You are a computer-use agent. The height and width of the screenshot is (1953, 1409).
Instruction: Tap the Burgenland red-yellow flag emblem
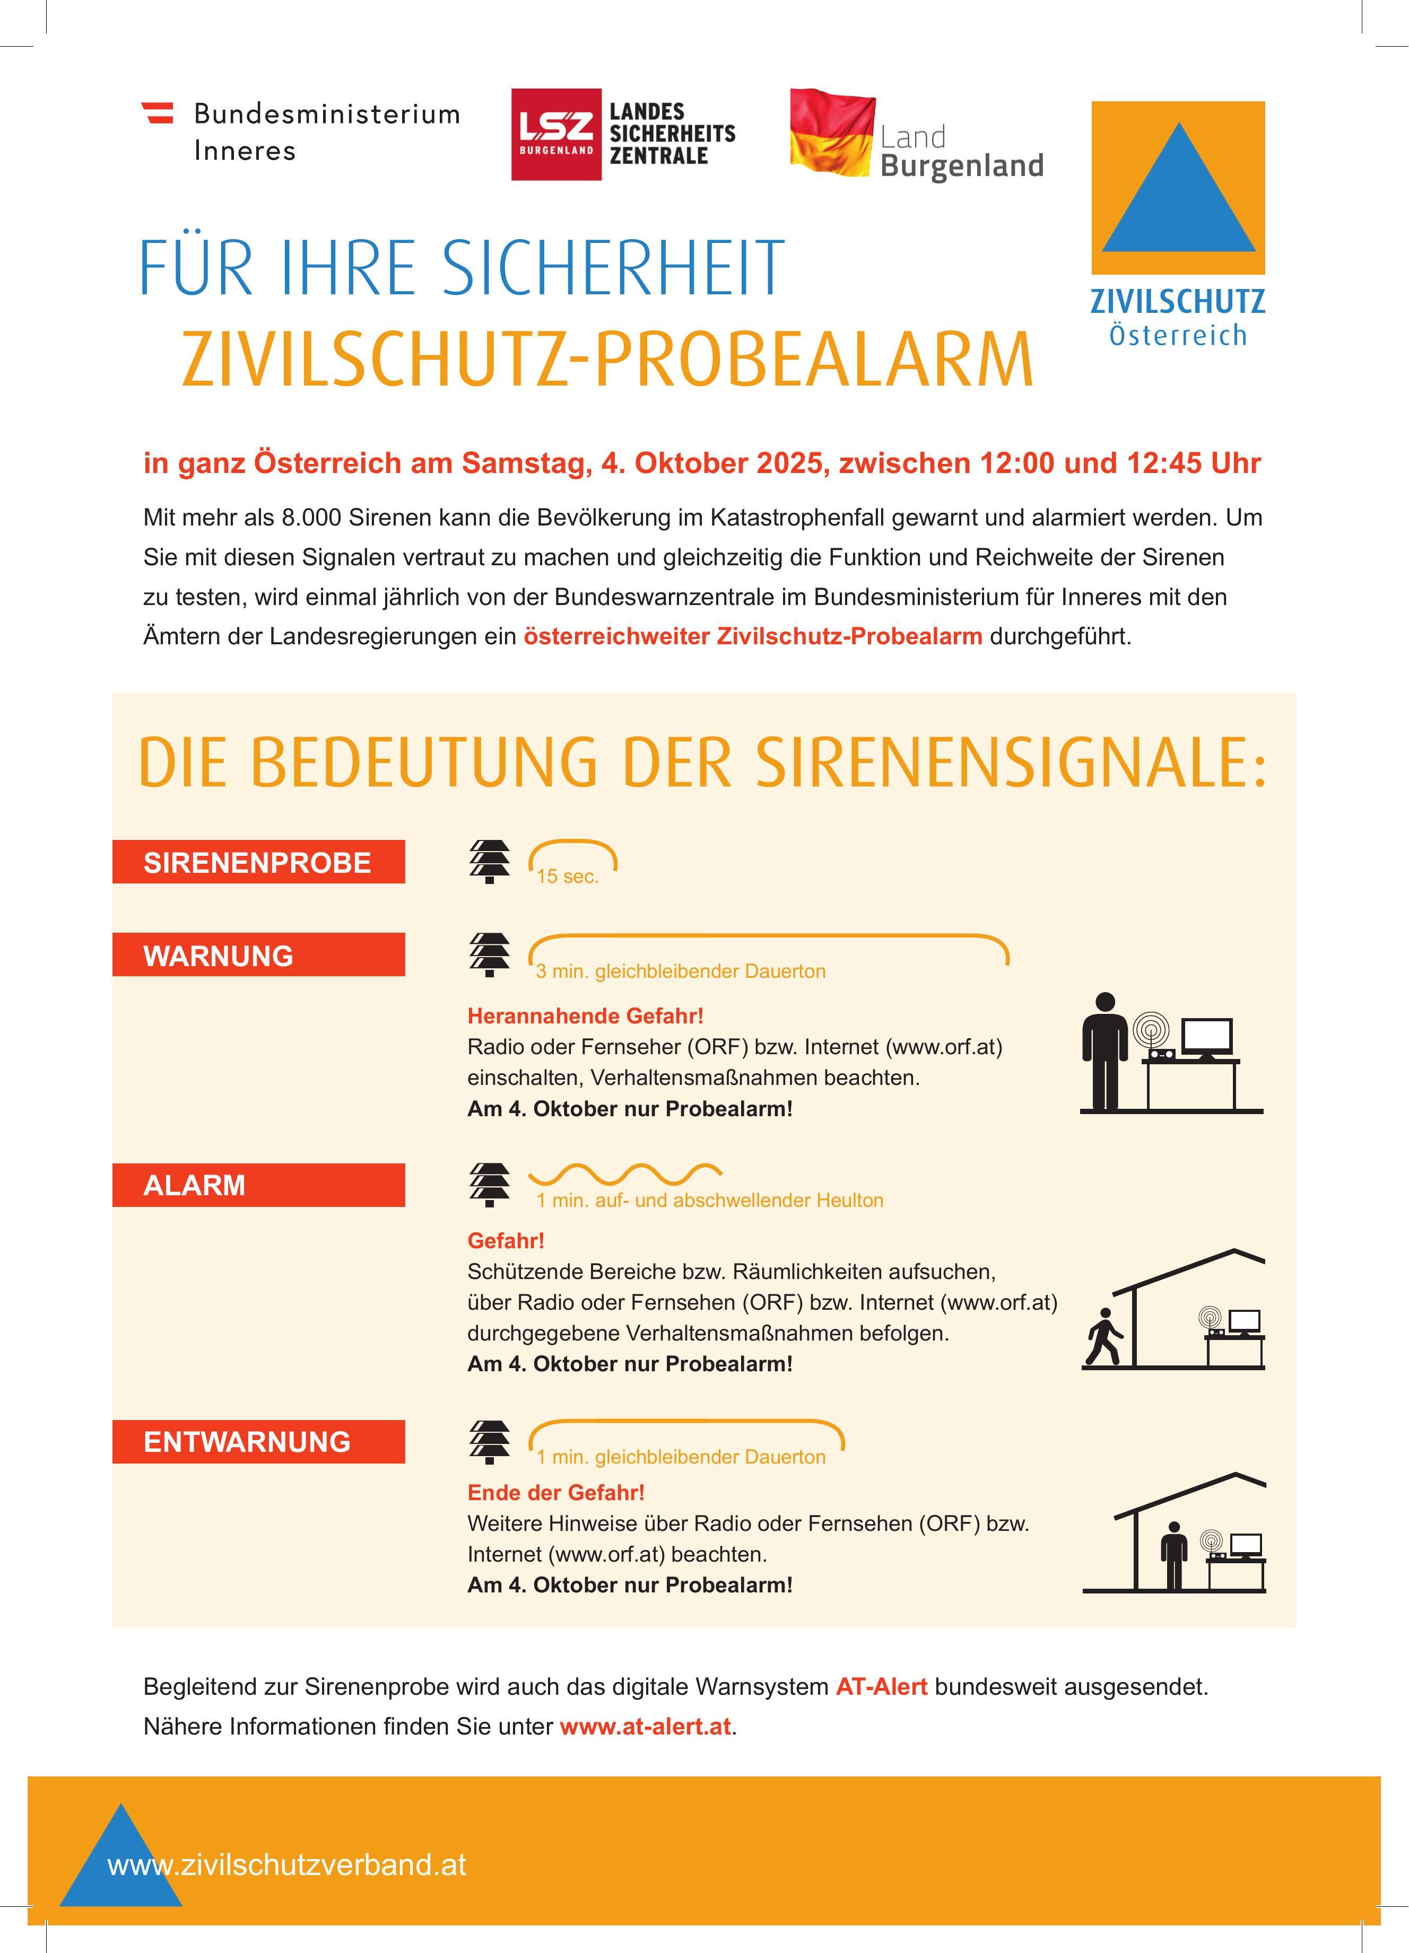tap(832, 134)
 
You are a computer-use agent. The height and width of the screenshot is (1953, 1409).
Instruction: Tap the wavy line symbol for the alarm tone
tap(624, 1173)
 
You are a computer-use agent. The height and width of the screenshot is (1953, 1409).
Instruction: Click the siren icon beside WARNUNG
tap(489, 955)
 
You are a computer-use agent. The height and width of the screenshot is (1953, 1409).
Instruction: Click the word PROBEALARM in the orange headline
tap(814, 358)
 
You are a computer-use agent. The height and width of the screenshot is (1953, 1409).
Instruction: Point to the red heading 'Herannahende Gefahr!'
tap(585, 1016)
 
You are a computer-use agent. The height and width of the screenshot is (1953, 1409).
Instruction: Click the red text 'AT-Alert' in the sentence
tap(881, 1687)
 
